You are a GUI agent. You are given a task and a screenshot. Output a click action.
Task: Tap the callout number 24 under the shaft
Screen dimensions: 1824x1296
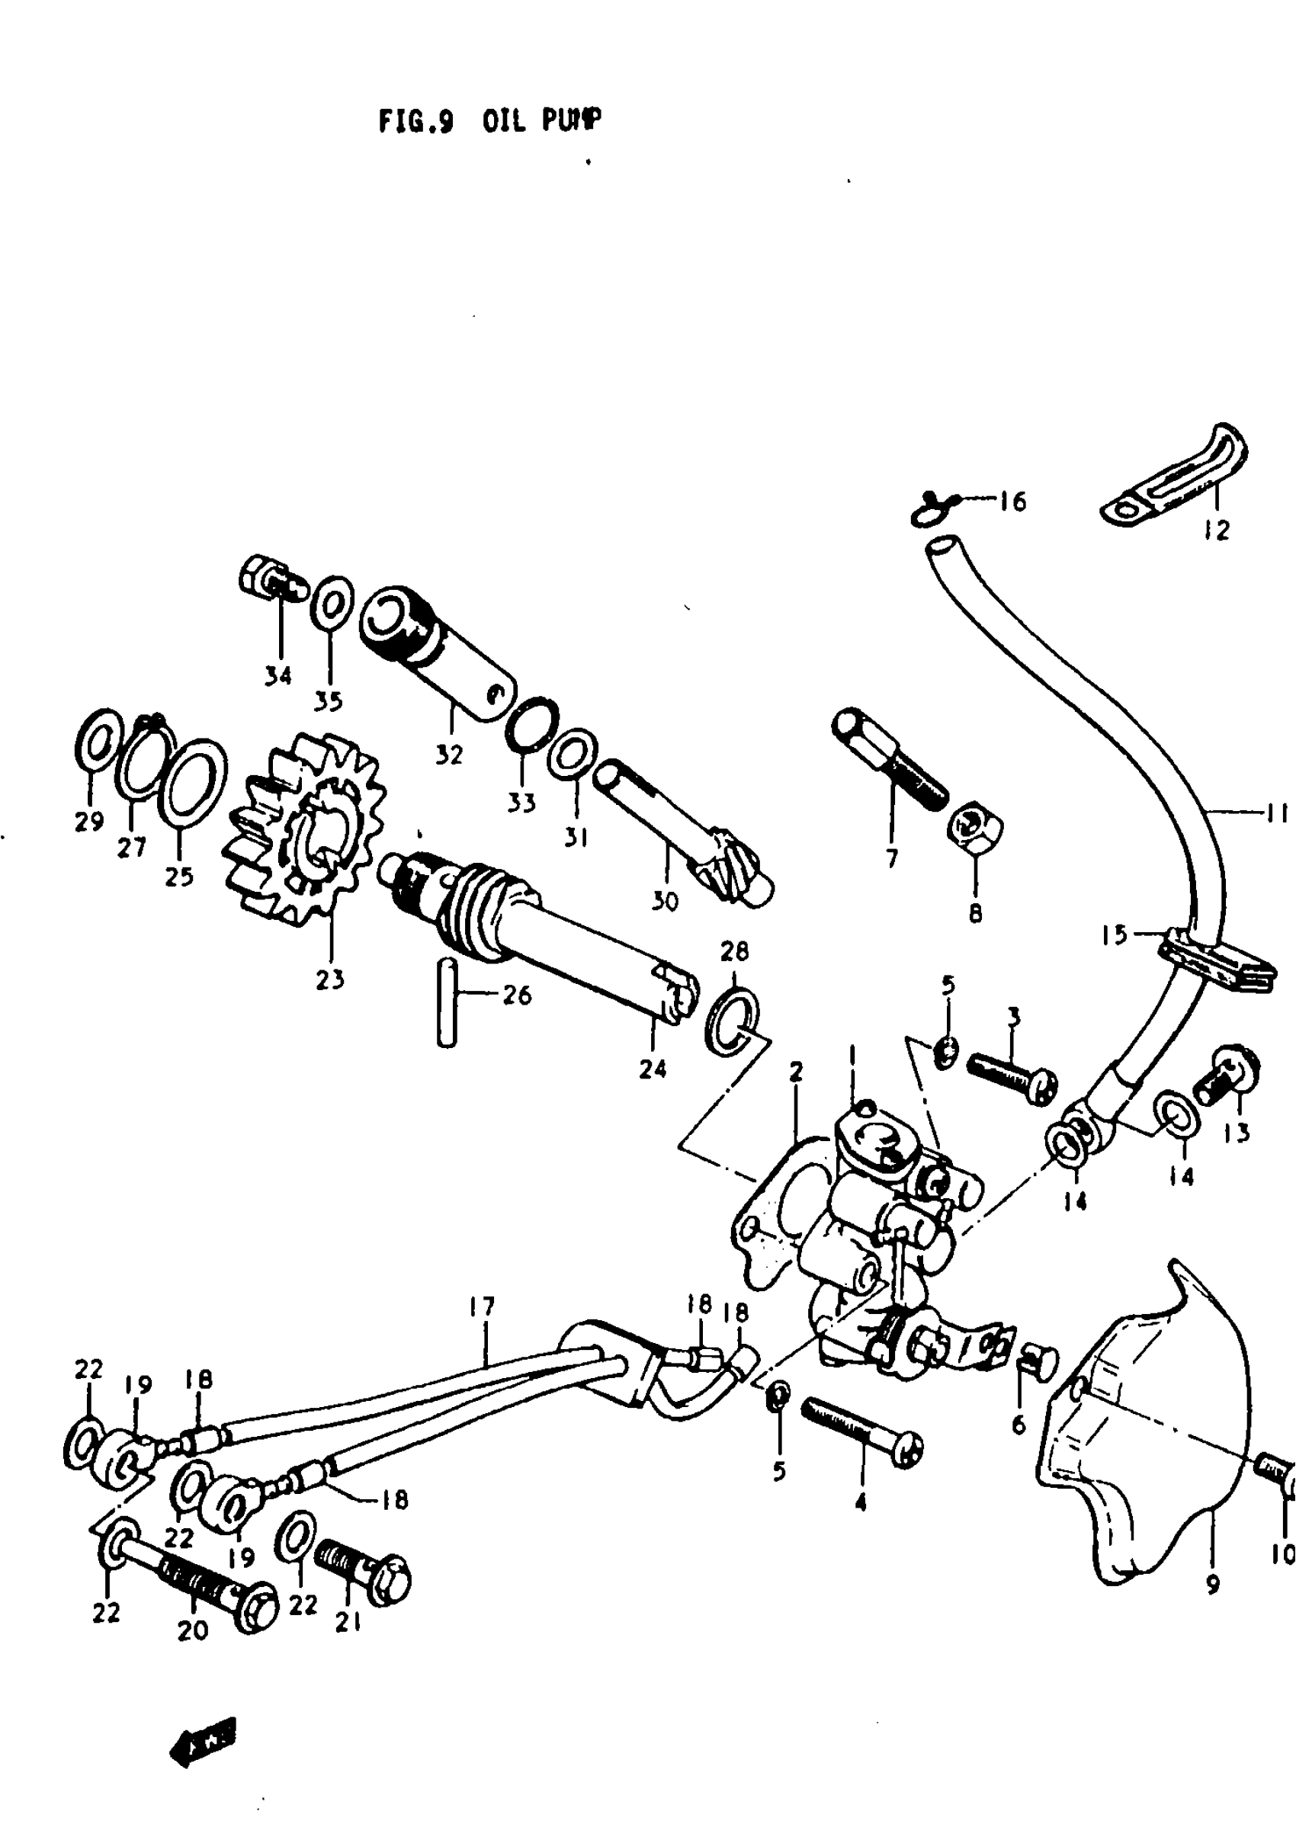(652, 1069)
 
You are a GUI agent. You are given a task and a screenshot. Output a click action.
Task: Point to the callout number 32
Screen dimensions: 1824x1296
(448, 754)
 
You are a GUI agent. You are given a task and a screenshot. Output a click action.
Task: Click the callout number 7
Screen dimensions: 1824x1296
(891, 858)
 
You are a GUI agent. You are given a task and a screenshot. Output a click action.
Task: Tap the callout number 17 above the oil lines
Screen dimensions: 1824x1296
(482, 1307)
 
